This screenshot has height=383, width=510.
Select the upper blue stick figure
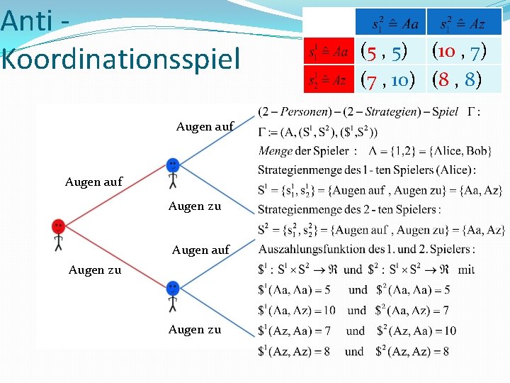173,173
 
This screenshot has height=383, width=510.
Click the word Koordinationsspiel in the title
121,58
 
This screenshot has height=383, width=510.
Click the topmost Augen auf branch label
205,126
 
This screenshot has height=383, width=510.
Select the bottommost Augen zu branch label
195,329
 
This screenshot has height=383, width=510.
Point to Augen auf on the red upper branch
93,182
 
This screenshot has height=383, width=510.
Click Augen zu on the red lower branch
95,270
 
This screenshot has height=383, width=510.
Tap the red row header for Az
327,79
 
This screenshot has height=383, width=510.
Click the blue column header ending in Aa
390,23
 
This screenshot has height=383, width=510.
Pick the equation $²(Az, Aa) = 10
416,331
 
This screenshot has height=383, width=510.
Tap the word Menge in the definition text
276,150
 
